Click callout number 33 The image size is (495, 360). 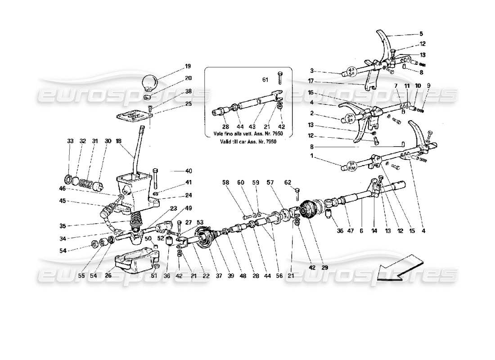70,141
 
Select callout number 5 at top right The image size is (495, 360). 421,33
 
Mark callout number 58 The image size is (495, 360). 225,182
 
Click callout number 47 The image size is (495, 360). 346,231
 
